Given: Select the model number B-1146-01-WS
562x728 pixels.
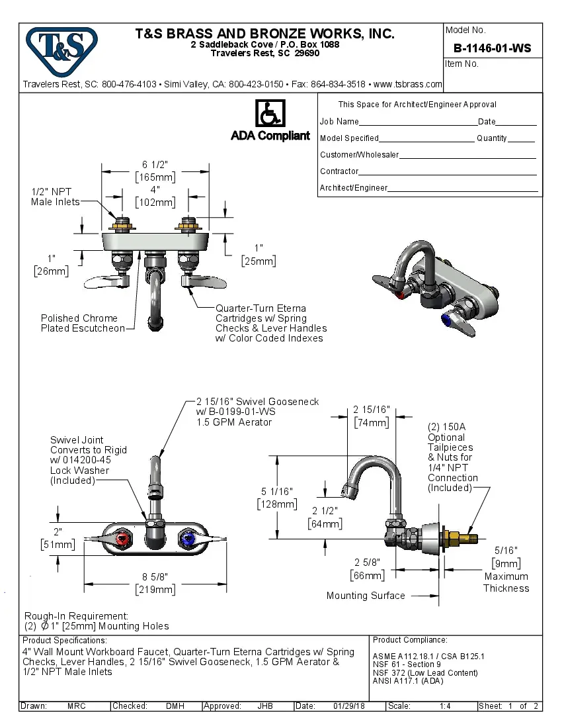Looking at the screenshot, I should [x=492, y=48].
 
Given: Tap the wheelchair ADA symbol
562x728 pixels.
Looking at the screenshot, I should [x=270, y=113].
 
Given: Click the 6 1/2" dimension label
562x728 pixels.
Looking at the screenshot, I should [x=154, y=165].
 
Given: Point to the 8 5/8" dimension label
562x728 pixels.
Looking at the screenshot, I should [x=155, y=578].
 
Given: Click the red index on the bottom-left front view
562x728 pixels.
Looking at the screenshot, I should [x=122, y=541].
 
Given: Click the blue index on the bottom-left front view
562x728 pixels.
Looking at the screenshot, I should [x=188, y=541].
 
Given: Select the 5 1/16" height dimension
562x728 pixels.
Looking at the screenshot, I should [x=278, y=492].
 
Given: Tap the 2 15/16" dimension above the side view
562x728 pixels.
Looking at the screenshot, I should [x=372, y=410].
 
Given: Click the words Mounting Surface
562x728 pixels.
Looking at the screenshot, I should [x=366, y=596].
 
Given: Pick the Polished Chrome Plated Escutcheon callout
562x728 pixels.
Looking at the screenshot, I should [x=82, y=323].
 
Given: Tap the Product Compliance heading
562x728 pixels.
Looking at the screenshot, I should [x=410, y=640].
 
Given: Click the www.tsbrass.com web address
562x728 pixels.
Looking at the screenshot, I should [x=407, y=84].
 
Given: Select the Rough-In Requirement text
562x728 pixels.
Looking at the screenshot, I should [x=76, y=615].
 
